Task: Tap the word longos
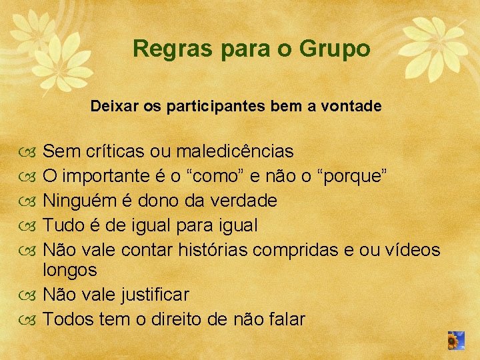70,270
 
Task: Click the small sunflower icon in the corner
456,341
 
